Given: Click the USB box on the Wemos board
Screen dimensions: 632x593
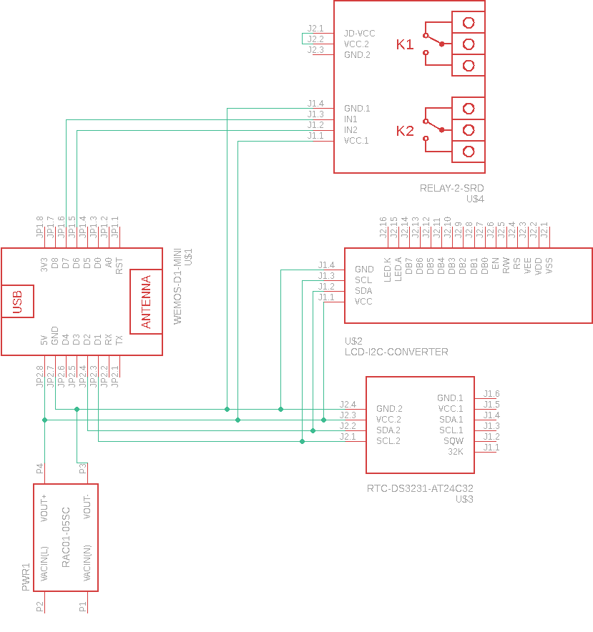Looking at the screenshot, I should tap(17, 301).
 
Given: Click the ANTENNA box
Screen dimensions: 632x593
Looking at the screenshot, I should tap(146, 302).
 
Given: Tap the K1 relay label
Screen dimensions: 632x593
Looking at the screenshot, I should tap(405, 45).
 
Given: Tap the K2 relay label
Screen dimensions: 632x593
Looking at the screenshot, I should tap(405, 131).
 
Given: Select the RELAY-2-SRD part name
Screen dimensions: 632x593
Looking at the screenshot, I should tap(452, 189).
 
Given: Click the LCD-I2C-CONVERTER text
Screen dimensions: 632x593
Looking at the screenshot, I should tap(396, 352).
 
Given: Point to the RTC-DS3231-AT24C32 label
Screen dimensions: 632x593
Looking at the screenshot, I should tap(420, 489).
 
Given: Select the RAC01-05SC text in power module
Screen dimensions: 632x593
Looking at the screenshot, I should tap(66, 537).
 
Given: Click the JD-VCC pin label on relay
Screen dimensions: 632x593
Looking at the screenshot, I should tap(359, 34).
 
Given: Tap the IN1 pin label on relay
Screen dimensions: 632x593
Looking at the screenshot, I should tap(351, 119).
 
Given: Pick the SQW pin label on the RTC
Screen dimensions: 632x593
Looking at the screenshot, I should tap(454, 441).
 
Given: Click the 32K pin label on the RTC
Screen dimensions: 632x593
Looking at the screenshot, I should tap(455, 452).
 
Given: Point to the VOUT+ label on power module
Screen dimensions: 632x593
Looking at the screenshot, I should tap(44, 508).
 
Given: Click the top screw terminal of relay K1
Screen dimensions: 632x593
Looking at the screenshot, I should tap(469, 22).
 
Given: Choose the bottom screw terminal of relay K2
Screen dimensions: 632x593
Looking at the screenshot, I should tap(469, 151).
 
